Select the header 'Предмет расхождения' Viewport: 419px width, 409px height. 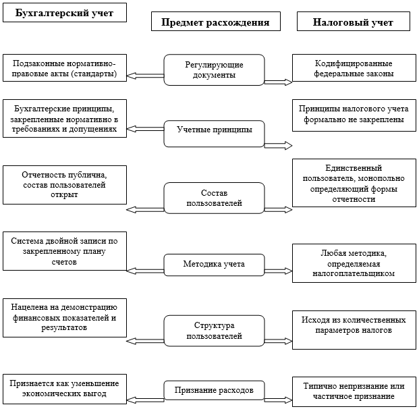pyautogui.click(x=215, y=22)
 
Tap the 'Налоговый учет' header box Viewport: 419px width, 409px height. pyautogui.click(x=353, y=22)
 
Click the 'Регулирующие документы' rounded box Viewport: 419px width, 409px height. pyautogui.click(x=214, y=70)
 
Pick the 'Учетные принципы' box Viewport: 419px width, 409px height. pyautogui.click(x=214, y=130)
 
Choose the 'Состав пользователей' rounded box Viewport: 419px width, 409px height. pyautogui.click(x=214, y=198)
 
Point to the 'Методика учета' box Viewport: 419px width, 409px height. pyautogui.click(x=214, y=263)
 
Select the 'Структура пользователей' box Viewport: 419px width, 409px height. pyautogui.click(x=214, y=330)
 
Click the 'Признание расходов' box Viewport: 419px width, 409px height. pyautogui.click(x=214, y=390)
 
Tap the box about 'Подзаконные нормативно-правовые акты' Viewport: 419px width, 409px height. pyautogui.click(x=65, y=68)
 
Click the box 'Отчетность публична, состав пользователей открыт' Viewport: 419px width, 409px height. pyautogui.click(x=65, y=184)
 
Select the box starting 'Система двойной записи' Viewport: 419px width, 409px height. pyautogui.click(x=65, y=250)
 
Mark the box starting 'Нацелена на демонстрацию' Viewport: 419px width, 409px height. pyautogui.click(x=65, y=317)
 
